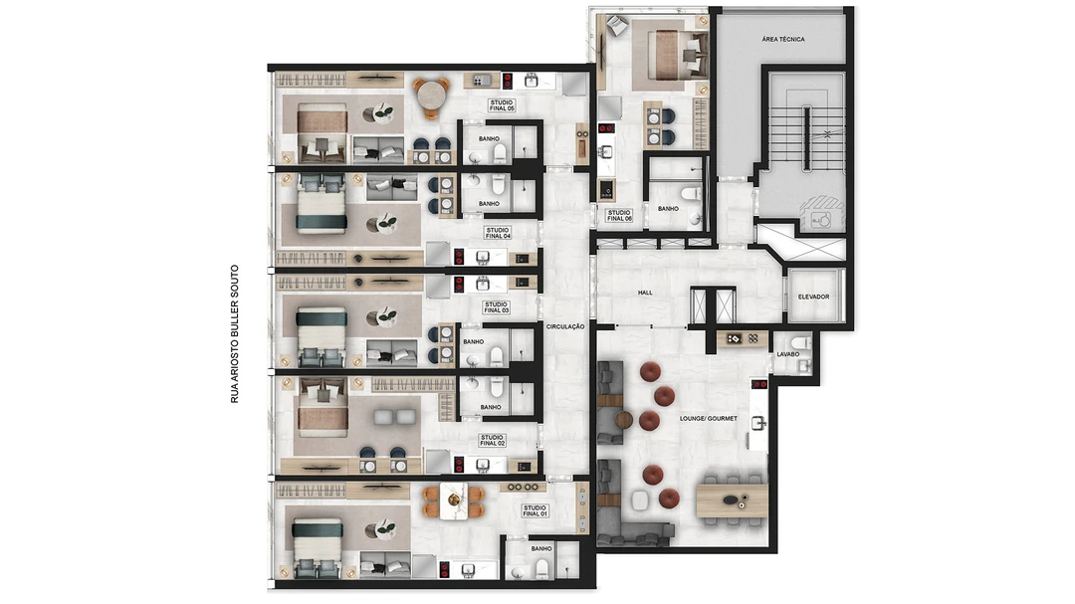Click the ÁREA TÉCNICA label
(x=783, y=39)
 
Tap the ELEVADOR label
(x=814, y=297)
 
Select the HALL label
(x=645, y=293)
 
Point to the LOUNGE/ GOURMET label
(x=709, y=418)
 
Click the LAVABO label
(x=788, y=354)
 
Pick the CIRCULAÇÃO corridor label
(x=565, y=327)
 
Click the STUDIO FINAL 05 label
(x=502, y=105)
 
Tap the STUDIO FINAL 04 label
(x=498, y=233)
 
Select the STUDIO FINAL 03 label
(x=496, y=307)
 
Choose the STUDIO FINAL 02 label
(x=493, y=440)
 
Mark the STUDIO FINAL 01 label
(x=535, y=510)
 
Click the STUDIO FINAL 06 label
(x=619, y=215)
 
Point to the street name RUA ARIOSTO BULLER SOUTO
(x=235, y=334)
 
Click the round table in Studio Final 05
(x=431, y=98)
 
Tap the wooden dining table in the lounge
(x=733, y=501)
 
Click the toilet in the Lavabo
(x=800, y=342)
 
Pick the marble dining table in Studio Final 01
(x=454, y=502)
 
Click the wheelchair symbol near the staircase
(x=820, y=219)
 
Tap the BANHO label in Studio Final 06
(x=669, y=208)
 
